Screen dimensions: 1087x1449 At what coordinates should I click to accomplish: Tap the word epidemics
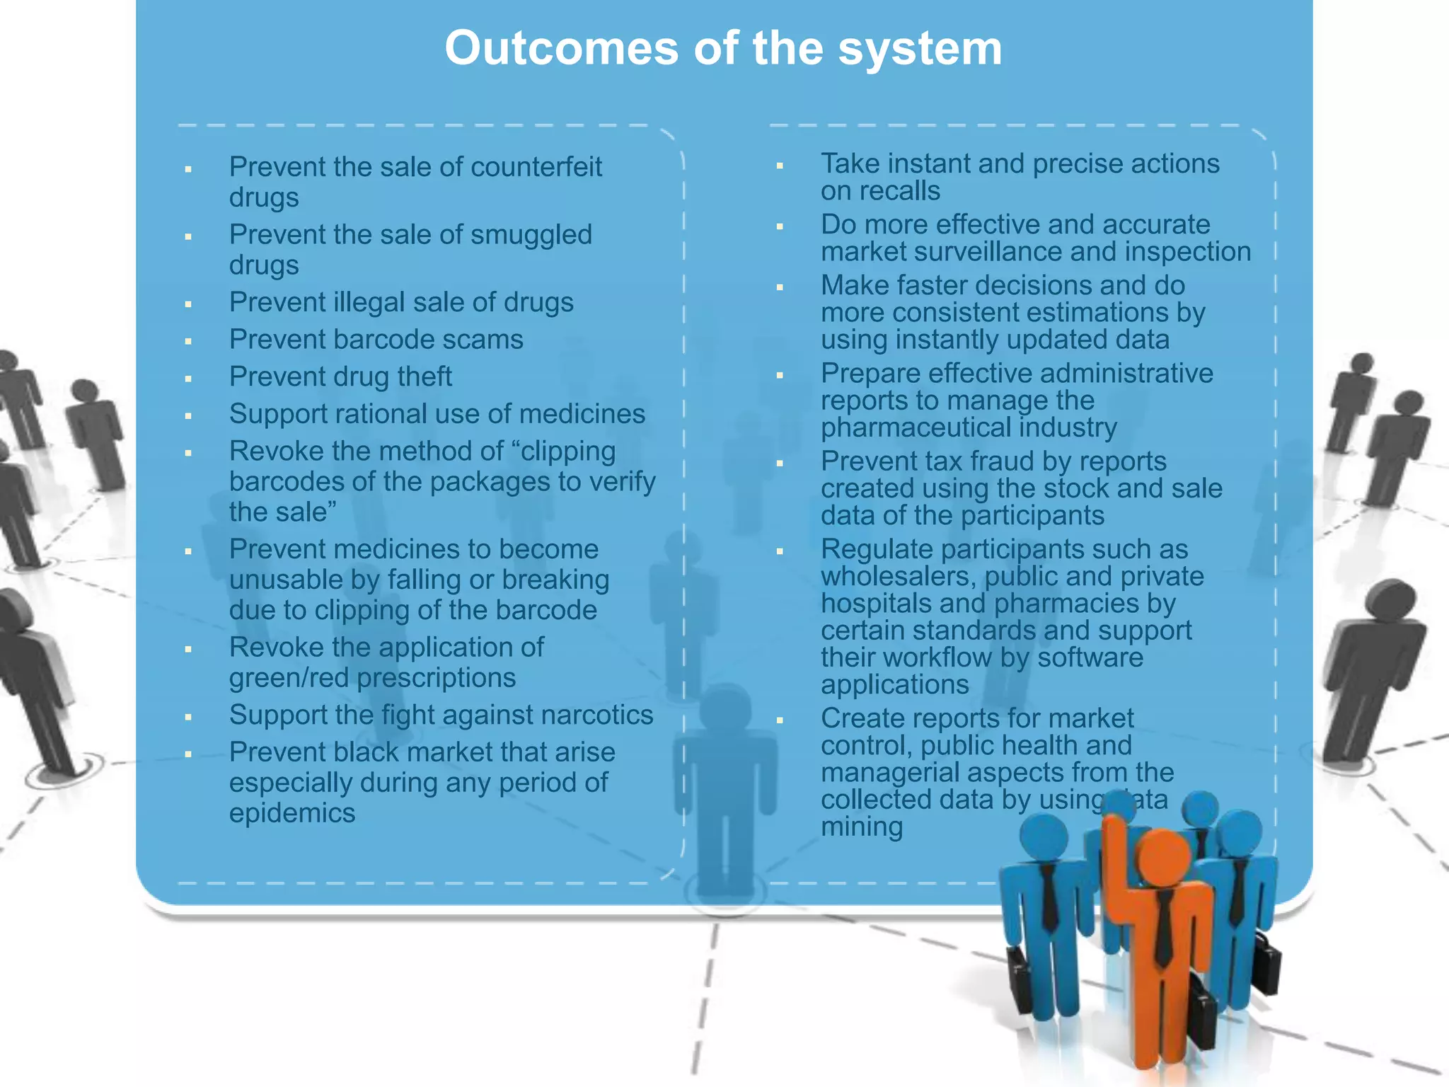[291, 813]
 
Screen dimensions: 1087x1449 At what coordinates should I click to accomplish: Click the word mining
[862, 827]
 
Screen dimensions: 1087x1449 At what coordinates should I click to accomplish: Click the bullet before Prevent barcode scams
[188, 341]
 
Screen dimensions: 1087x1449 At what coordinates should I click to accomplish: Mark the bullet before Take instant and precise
[780, 166]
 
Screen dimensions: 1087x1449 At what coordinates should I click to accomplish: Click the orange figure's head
[1165, 858]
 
